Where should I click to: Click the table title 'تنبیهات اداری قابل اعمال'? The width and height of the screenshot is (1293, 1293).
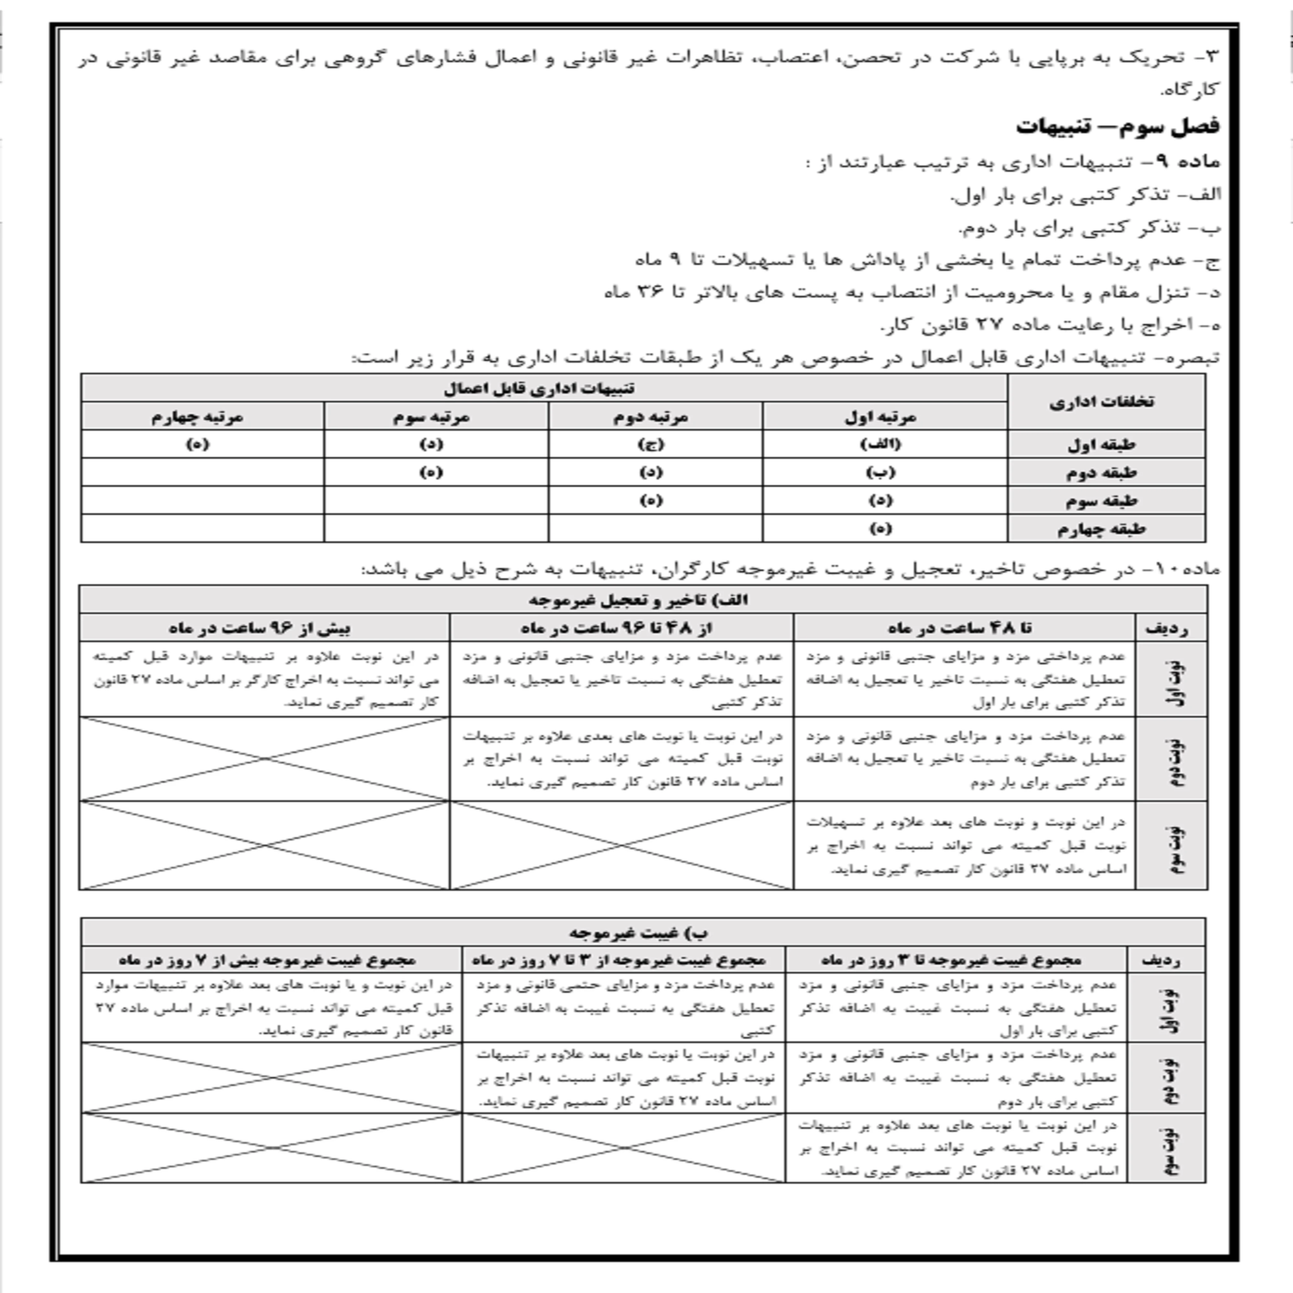pyautogui.click(x=539, y=388)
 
